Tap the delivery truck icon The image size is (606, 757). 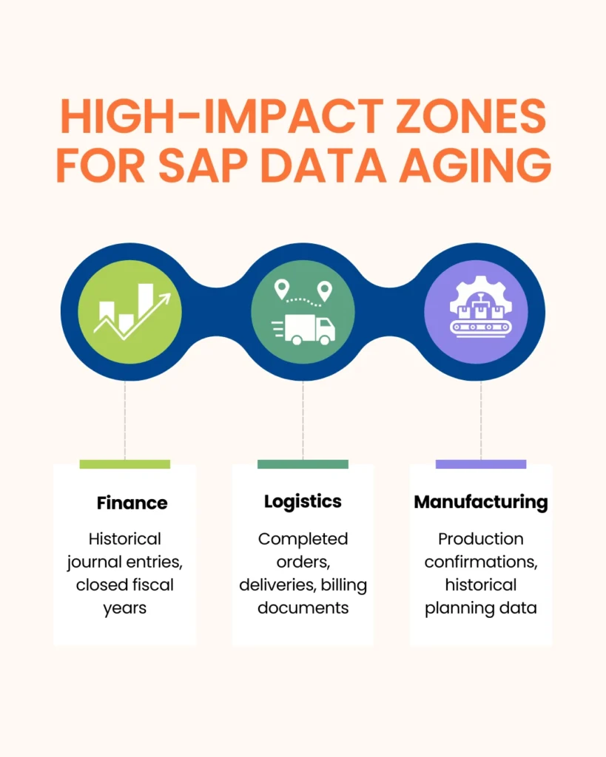[303, 329]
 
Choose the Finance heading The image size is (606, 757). [132, 503]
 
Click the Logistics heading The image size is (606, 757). [303, 501]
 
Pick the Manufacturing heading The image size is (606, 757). [481, 502]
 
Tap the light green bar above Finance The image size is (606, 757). [124, 464]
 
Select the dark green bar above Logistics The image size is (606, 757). [303, 464]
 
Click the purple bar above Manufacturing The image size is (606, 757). [481, 464]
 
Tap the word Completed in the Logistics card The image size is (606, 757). [303, 539]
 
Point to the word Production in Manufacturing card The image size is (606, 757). [481, 539]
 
